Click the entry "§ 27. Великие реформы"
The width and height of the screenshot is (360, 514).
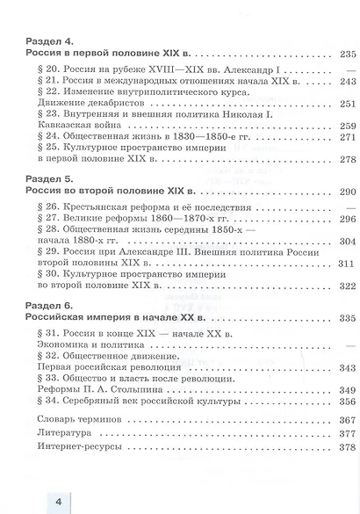click(x=119, y=221)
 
